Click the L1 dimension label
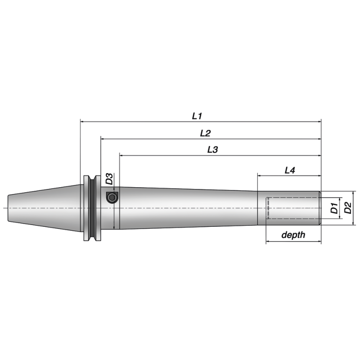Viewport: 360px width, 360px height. coord(197,116)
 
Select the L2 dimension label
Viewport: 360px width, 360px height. coord(205,133)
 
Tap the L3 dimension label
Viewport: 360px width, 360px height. coord(212,150)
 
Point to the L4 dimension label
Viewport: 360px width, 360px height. coord(290,170)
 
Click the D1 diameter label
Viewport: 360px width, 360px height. coord(334,208)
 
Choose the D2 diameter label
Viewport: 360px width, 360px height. coord(347,208)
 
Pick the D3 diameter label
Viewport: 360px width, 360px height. coord(109,179)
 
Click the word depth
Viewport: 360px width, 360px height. coord(293,235)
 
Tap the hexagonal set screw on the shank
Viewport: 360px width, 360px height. coord(112,197)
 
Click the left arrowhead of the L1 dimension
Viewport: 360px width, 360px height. coord(82,121)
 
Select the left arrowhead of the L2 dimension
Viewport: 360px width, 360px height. coord(103,139)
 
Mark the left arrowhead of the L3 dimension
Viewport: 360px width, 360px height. coord(121,155)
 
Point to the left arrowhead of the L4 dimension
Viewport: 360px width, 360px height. coord(260,175)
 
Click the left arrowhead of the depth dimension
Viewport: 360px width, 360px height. coord(269,242)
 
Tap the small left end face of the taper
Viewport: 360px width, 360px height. coord(9,208)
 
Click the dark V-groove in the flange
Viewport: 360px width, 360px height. coord(92,208)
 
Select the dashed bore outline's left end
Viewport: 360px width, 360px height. coord(267,208)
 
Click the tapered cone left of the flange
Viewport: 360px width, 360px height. coord(45,208)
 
